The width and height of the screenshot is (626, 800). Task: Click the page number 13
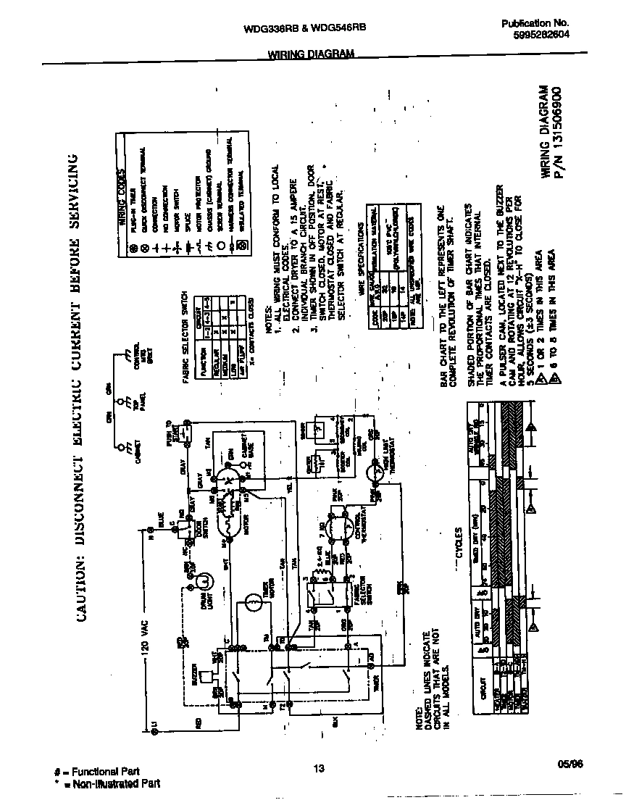317,770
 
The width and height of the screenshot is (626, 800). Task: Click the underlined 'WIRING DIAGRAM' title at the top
312,54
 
